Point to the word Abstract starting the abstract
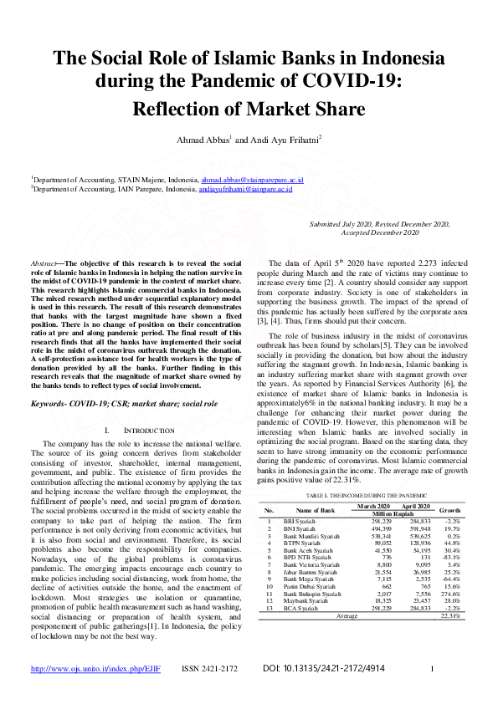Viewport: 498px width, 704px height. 44,263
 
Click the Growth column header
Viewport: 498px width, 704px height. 449,508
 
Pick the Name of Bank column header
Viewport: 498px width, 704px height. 315,508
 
